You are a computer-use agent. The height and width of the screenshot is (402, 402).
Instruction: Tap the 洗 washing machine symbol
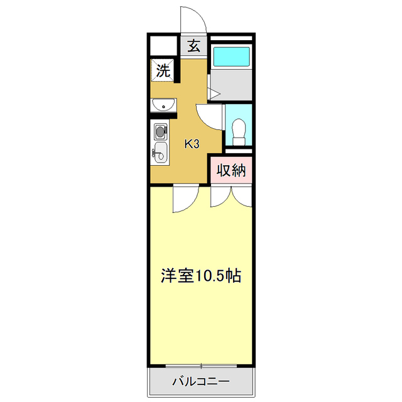click(x=163, y=70)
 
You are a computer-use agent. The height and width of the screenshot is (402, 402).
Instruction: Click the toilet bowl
click(x=239, y=131)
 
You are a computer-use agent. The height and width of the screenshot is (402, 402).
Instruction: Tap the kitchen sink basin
click(x=161, y=151)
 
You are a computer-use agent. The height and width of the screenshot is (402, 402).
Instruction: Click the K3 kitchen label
click(x=192, y=144)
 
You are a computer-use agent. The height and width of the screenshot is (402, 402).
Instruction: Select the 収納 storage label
click(x=231, y=170)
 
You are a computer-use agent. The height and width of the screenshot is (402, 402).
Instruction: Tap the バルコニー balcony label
click(x=201, y=381)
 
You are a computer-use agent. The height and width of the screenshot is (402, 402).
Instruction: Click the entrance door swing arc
click(x=193, y=19)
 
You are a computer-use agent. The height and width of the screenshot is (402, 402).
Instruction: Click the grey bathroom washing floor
click(x=232, y=85)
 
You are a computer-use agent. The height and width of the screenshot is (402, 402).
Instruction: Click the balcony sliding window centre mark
click(x=202, y=366)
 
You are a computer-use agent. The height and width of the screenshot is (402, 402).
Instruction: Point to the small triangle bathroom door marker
click(x=213, y=94)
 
